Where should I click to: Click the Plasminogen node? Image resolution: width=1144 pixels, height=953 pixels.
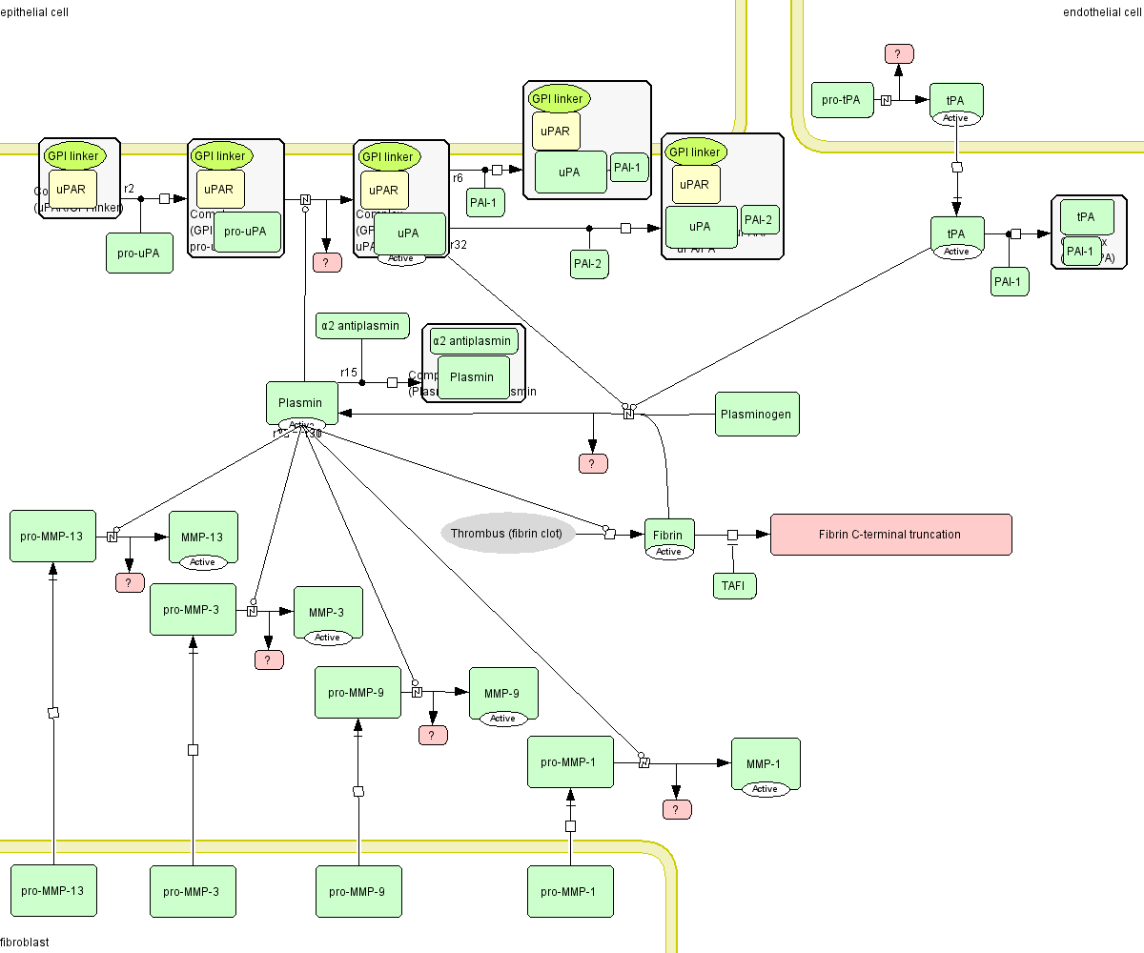[x=757, y=415]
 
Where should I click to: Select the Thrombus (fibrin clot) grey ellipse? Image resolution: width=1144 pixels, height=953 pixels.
[x=507, y=534]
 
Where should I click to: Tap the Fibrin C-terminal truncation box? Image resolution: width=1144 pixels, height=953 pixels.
[x=890, y=535]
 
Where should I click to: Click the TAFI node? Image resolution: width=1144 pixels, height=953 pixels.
[x=734, y=585]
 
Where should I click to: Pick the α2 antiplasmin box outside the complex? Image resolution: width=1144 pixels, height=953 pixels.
[x=362, y=326]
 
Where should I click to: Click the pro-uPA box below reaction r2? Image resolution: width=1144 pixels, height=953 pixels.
[x=139, y=253]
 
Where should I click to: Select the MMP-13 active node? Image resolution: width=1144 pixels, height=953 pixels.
[x=202, y=537]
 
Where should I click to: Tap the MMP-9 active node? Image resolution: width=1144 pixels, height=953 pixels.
[x=502, y=694]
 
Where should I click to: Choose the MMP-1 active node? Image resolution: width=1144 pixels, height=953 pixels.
[x=765, y=764]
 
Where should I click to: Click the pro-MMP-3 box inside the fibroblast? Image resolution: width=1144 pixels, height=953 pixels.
[x=192, y=891]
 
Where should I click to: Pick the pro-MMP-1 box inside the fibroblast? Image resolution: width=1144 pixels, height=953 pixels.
[x=570, y=891]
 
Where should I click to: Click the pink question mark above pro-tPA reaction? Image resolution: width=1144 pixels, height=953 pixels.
[x=898, y=53]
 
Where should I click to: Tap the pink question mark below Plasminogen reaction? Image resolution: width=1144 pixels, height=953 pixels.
[x=593, y=464]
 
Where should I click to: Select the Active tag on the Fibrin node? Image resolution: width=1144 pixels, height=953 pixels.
[x=668, y=552]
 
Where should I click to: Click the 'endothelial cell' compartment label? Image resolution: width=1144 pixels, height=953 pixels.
[x=1102, y=11]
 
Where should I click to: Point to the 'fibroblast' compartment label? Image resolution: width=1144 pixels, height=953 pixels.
[x=25, y=943]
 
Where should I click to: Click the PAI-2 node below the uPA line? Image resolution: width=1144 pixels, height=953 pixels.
[x=589, y=263]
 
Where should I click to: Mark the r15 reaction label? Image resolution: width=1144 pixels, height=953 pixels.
[x=349, y=372]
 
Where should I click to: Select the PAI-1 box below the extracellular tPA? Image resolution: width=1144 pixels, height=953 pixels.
[x=1010, y=281]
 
